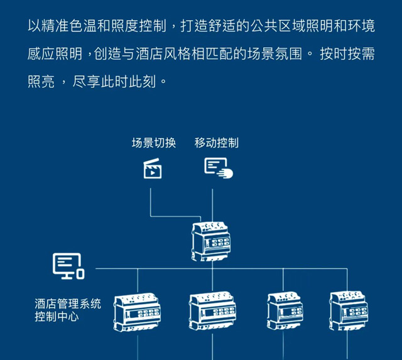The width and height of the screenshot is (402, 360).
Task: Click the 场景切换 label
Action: point(154,143)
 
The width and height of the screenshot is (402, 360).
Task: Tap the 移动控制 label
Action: point(216,143)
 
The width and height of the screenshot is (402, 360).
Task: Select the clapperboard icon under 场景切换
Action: point(153,168)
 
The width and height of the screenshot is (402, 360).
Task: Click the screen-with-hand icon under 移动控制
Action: point(219,168)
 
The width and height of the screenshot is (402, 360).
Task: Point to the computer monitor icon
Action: point(68,266)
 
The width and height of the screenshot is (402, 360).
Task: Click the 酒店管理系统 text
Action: point(68,303)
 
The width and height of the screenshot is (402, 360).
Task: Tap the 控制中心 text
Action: point(57,317)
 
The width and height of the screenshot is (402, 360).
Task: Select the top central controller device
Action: point(211,241)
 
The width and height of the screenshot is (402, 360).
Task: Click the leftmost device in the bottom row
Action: point(137,312)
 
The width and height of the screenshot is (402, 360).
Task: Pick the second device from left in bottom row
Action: point(212,310)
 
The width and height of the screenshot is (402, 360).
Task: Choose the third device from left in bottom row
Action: point(285,310)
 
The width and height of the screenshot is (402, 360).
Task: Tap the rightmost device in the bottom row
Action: point(349,311)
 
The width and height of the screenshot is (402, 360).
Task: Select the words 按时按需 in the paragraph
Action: point(347,54)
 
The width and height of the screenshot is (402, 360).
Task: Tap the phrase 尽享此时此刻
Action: point(114,82)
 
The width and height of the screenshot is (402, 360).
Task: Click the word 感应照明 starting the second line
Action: point(55,54)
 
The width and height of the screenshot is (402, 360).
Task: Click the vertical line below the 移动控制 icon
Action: point(212,205)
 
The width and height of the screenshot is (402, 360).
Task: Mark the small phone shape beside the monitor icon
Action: point(80,274)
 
